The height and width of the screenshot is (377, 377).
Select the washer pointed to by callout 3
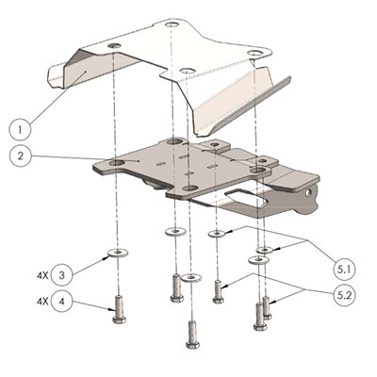pos(115,253)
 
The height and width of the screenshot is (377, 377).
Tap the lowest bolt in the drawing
pos(191,332)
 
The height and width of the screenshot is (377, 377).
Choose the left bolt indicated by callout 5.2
pos(219,290)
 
